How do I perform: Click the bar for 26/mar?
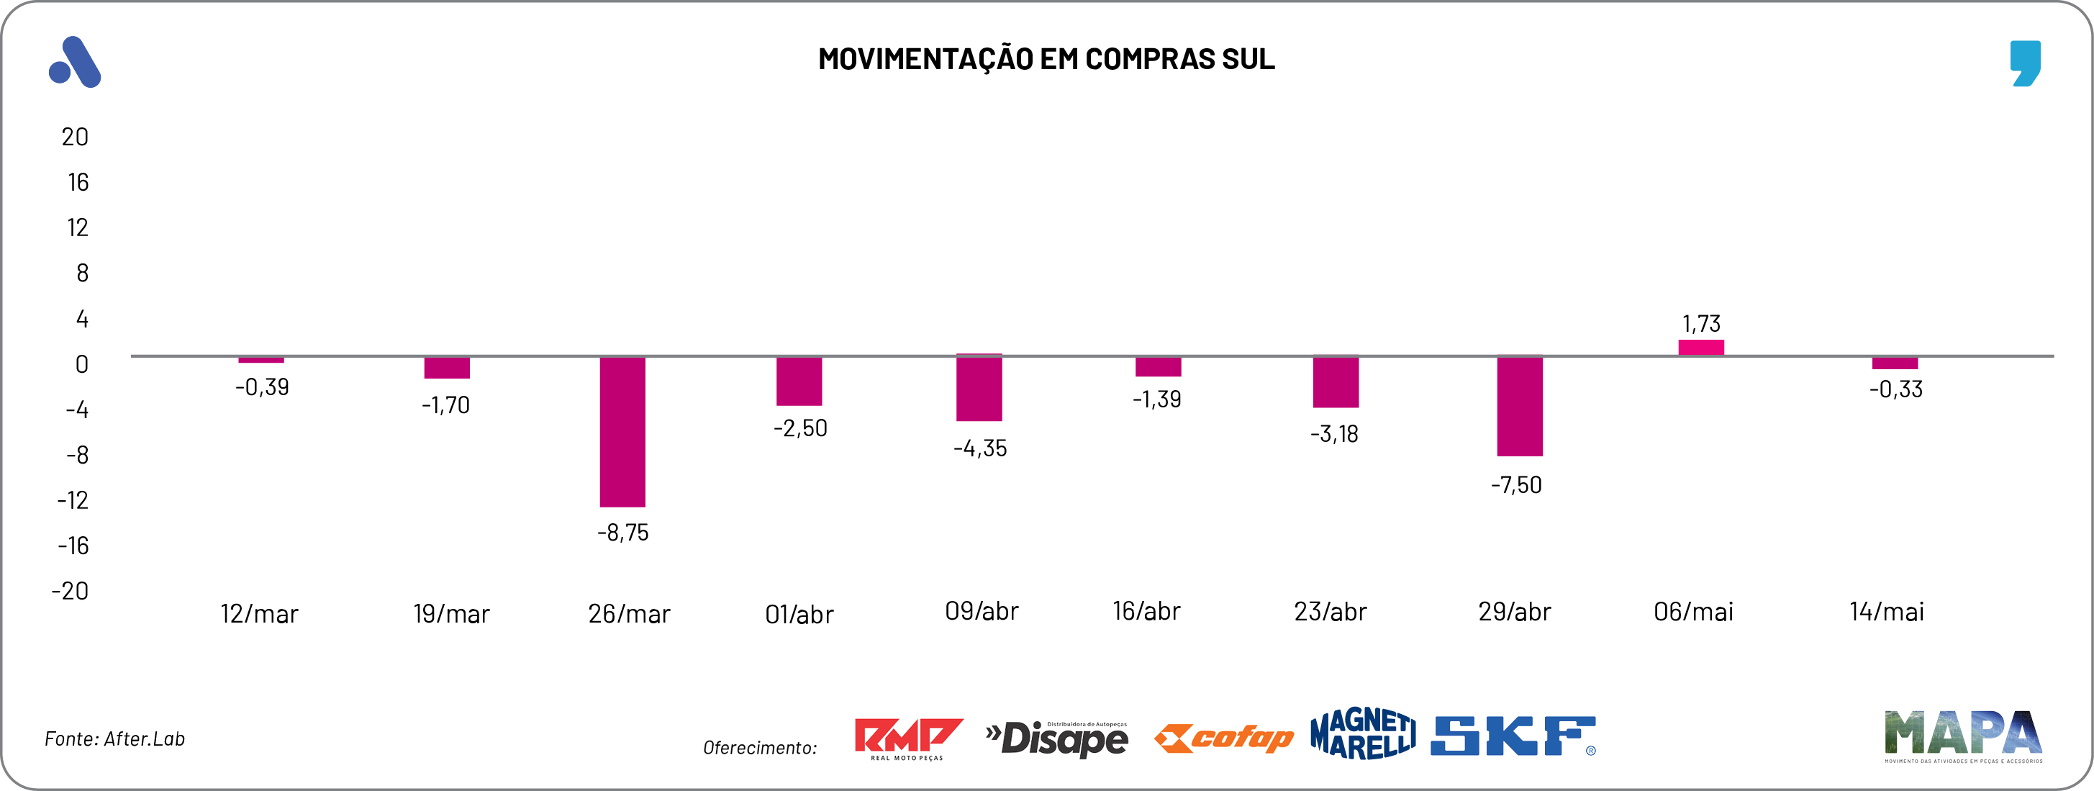[x=622, y=432]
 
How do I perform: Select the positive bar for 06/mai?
[x=1700, y=348]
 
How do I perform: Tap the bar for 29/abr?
[x=1519, y=407]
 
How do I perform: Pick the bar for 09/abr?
[x=979, y=389]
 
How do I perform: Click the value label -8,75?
[x=622, y=533]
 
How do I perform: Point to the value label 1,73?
[x=1700, y=324]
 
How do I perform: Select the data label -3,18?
[x=1334, y=434]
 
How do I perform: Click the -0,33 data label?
[x=1895, y=389]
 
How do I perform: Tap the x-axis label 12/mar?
[x=259, y=614]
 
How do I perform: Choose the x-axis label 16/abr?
[x=1146, y=611]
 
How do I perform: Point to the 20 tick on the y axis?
[x=75, y=137]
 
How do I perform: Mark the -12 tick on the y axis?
[x=73, y=500]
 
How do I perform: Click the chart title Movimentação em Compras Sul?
[x=1046, y=59]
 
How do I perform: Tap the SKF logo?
[x=1513, y=736]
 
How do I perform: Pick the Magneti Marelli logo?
[x=1362, y=734]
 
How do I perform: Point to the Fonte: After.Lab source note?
[x=114, y=739]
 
